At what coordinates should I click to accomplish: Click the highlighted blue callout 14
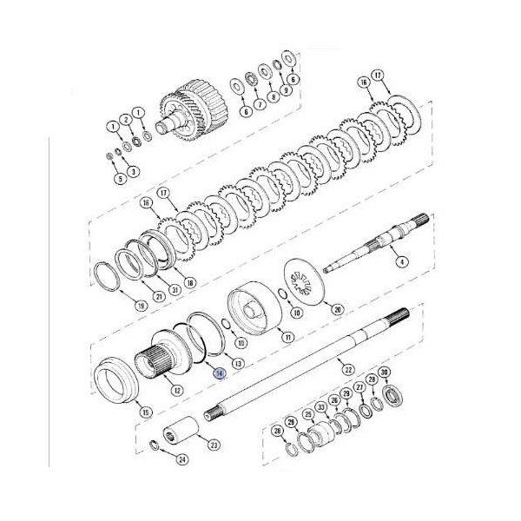(x=219, y=373)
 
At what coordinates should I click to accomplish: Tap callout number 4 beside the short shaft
(x=402, y=260)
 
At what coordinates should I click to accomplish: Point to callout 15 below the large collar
(x=145, y=411)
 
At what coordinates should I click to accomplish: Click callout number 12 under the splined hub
(x=177, y=390)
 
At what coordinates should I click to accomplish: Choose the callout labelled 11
(x=288, y=336)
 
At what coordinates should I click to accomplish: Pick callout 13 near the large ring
(x=238, y=362)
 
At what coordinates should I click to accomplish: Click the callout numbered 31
(x=175, y=289)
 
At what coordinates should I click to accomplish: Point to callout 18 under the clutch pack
(x=190, y=282)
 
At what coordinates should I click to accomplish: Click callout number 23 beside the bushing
(x=214, y=445)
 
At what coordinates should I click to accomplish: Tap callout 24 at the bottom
(x=181, y=460)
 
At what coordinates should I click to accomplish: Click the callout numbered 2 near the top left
(x=127, y=119)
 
